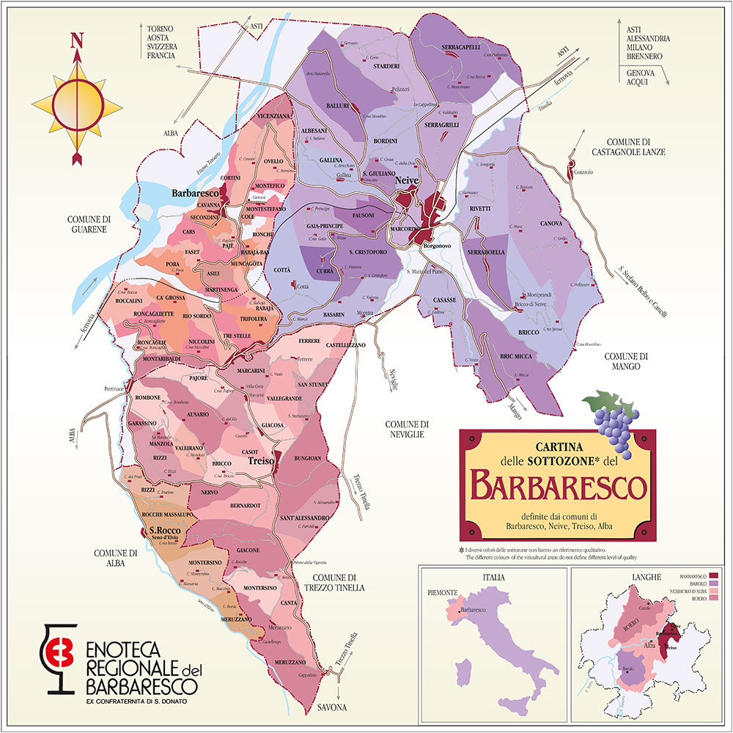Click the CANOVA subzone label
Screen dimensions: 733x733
click(x=550, y=223)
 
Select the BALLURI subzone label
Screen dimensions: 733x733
click(x=337, y=106)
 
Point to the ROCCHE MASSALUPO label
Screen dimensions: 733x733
click(x=167, y=516)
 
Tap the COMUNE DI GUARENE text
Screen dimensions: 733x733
click(x=88, y=224)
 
